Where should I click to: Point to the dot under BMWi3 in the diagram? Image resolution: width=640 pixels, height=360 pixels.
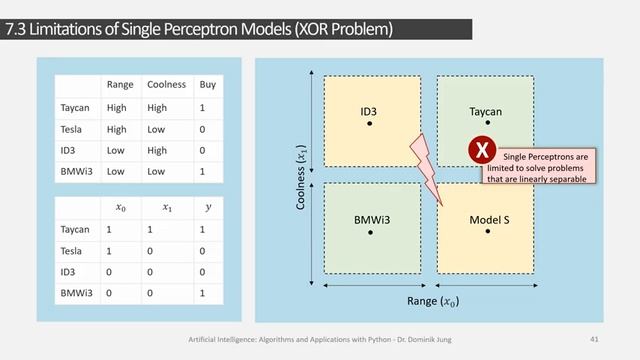(370, 231)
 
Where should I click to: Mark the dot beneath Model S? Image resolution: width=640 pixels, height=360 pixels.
(489, 231)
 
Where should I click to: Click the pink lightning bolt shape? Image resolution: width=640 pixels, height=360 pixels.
(424, 167)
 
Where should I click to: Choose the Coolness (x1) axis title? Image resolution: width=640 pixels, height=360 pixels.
(300, 175)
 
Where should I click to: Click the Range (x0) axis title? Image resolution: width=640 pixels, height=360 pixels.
(429, 301)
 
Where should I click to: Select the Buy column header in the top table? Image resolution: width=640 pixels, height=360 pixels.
(208, 84)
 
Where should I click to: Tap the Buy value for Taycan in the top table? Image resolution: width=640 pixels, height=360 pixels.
(203, 107)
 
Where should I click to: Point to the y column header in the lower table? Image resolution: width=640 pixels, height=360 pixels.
(208, 207)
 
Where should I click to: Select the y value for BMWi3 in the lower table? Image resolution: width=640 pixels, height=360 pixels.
(203, 294)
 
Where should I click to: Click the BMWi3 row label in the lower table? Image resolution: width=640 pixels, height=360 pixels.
(77, 294)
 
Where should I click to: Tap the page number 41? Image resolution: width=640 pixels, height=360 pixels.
(594, 339)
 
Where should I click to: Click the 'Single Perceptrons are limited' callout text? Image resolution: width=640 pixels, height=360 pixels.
(546, 168)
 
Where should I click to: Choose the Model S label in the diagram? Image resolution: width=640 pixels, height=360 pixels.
(489, 218)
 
